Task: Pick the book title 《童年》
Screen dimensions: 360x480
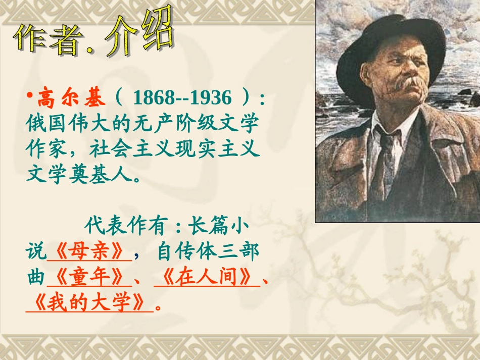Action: [89, 278]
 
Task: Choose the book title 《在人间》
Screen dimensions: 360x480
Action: [207, 278]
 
